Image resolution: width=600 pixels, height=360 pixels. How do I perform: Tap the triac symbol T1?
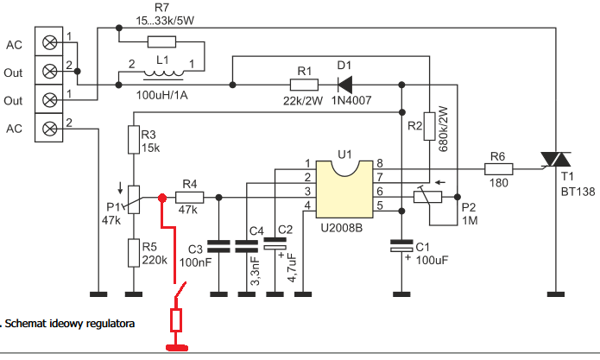(556, 160)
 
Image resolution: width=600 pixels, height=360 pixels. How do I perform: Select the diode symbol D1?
(345, 85)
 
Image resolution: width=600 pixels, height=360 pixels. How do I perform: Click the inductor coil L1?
(163, 73)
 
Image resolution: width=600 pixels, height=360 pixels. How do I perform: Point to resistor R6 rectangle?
(499, 169)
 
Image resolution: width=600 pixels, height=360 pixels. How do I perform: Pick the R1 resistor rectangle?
(304, 85)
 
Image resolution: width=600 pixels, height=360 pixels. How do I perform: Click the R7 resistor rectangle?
(161, 41)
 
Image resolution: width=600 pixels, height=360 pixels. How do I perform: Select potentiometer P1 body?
(134, 199)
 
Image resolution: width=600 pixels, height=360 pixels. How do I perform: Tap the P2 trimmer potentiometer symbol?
(428, 197)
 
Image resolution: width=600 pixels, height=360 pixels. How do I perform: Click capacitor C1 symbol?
(401, 245)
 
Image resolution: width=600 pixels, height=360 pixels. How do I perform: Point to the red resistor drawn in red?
(175, 320)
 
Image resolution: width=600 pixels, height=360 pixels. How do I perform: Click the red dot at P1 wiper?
(162, 198)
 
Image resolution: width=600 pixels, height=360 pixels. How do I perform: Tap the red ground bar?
(177, 347)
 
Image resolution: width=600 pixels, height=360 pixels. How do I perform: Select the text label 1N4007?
(351, 101)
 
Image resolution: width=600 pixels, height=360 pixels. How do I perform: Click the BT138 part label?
(578, 192)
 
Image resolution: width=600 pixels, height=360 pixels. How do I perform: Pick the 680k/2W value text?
(443, 129)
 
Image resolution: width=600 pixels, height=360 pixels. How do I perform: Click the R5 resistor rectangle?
(134, 253)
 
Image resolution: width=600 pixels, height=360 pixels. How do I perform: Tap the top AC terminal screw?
(49, 42)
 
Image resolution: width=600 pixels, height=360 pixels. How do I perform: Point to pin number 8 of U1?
(380, 163)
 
